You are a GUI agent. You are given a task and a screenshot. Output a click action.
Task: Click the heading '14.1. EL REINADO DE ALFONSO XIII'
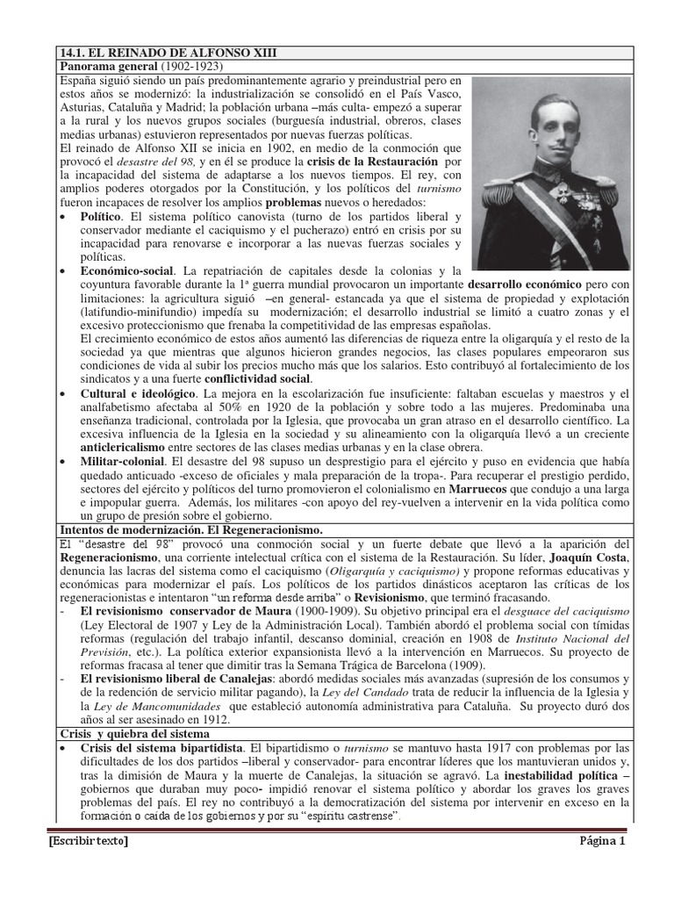[x=167, y=53]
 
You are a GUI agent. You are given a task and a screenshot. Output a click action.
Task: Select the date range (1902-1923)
[x=190, y=66]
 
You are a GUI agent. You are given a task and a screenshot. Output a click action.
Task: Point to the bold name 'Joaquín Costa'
[x=589, y=557]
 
